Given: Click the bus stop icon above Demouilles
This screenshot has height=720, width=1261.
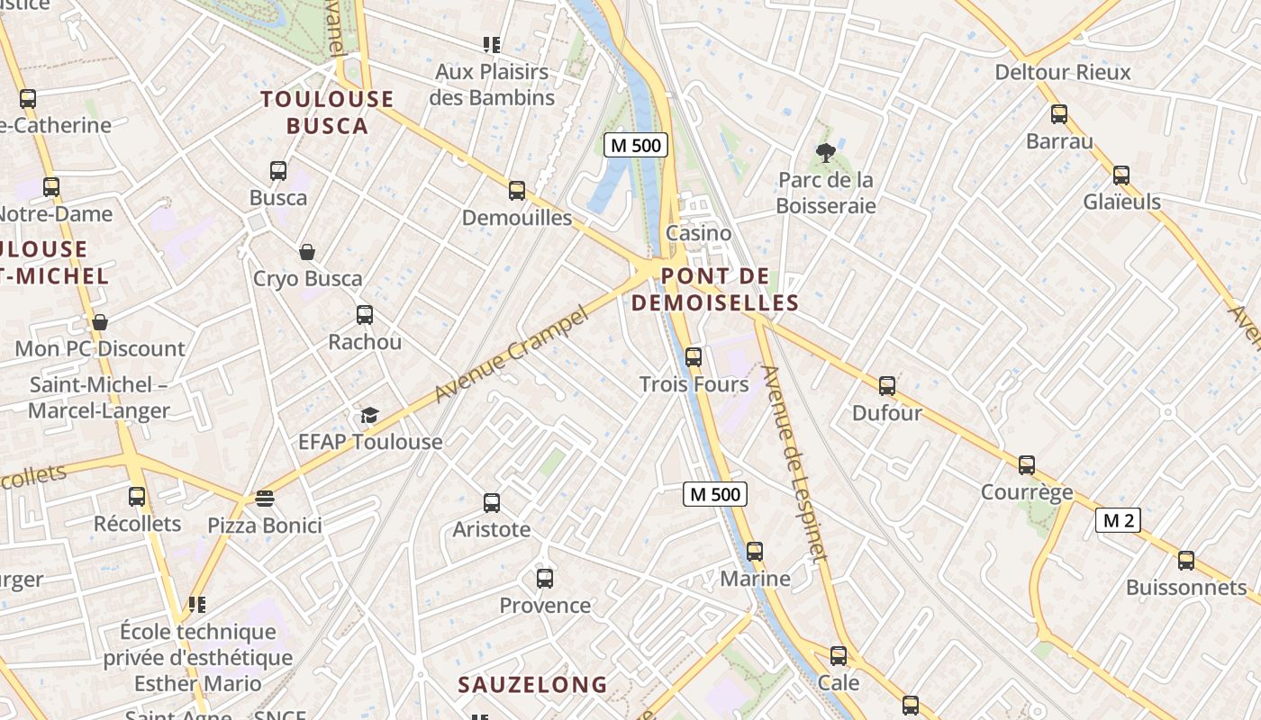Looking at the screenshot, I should tap(516, 190).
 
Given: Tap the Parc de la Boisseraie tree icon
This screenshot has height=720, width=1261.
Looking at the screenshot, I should tap(825, 153).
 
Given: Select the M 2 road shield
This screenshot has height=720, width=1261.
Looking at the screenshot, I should tap(1119, 520).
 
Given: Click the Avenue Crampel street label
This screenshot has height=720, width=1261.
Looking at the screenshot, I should tap(510, 355).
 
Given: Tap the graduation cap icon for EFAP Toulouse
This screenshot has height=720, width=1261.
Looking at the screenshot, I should tap(369, 415).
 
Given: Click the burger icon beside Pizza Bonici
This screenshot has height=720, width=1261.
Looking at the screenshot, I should tap(264, 498).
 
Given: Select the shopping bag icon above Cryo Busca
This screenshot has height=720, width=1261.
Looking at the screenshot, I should tap(307, 252).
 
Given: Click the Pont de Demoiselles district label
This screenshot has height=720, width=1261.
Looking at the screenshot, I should tap(716, 289).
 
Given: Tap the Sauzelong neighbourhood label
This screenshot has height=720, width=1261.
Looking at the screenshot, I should tap(533, 685).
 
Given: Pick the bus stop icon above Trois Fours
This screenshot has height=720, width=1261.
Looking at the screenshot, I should tap(693, 356).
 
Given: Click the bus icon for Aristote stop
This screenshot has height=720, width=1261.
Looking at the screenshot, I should tap(492, 502).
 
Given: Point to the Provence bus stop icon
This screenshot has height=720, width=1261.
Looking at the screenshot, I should tap(544, 578).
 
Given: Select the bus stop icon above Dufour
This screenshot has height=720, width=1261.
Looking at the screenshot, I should tap(887, 386).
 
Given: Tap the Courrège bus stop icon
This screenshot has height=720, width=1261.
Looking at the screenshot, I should tap(1027, 465).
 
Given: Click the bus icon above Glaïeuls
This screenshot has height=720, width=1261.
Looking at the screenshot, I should tap(1121, 175).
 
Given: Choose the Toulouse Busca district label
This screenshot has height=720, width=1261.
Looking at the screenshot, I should tap(328, 112).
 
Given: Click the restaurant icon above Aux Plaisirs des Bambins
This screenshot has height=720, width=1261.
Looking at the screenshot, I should tap(492, 44).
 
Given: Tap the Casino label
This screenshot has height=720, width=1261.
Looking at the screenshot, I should tap(699, 233).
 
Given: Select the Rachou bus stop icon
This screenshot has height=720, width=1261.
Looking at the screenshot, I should tap(364, 315).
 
